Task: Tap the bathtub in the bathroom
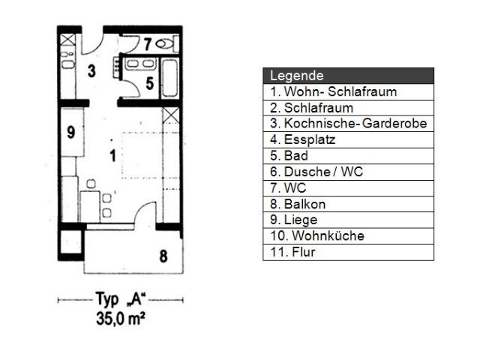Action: (169, 78)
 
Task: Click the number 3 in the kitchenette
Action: (91, 71)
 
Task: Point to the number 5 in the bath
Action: (150, 83)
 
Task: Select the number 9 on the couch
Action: (70, 132)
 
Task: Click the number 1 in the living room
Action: (113, 155)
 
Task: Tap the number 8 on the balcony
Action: (163, 256)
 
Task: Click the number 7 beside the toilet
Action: (148, 44)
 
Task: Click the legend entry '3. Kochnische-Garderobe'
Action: (348, 123)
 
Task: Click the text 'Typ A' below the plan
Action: (121, 298)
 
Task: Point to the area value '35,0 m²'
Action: (120, 319)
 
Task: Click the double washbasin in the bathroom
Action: (140, 64)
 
